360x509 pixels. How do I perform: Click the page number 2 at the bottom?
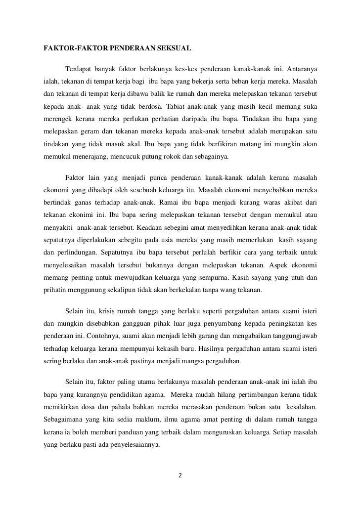coord(180,476)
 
